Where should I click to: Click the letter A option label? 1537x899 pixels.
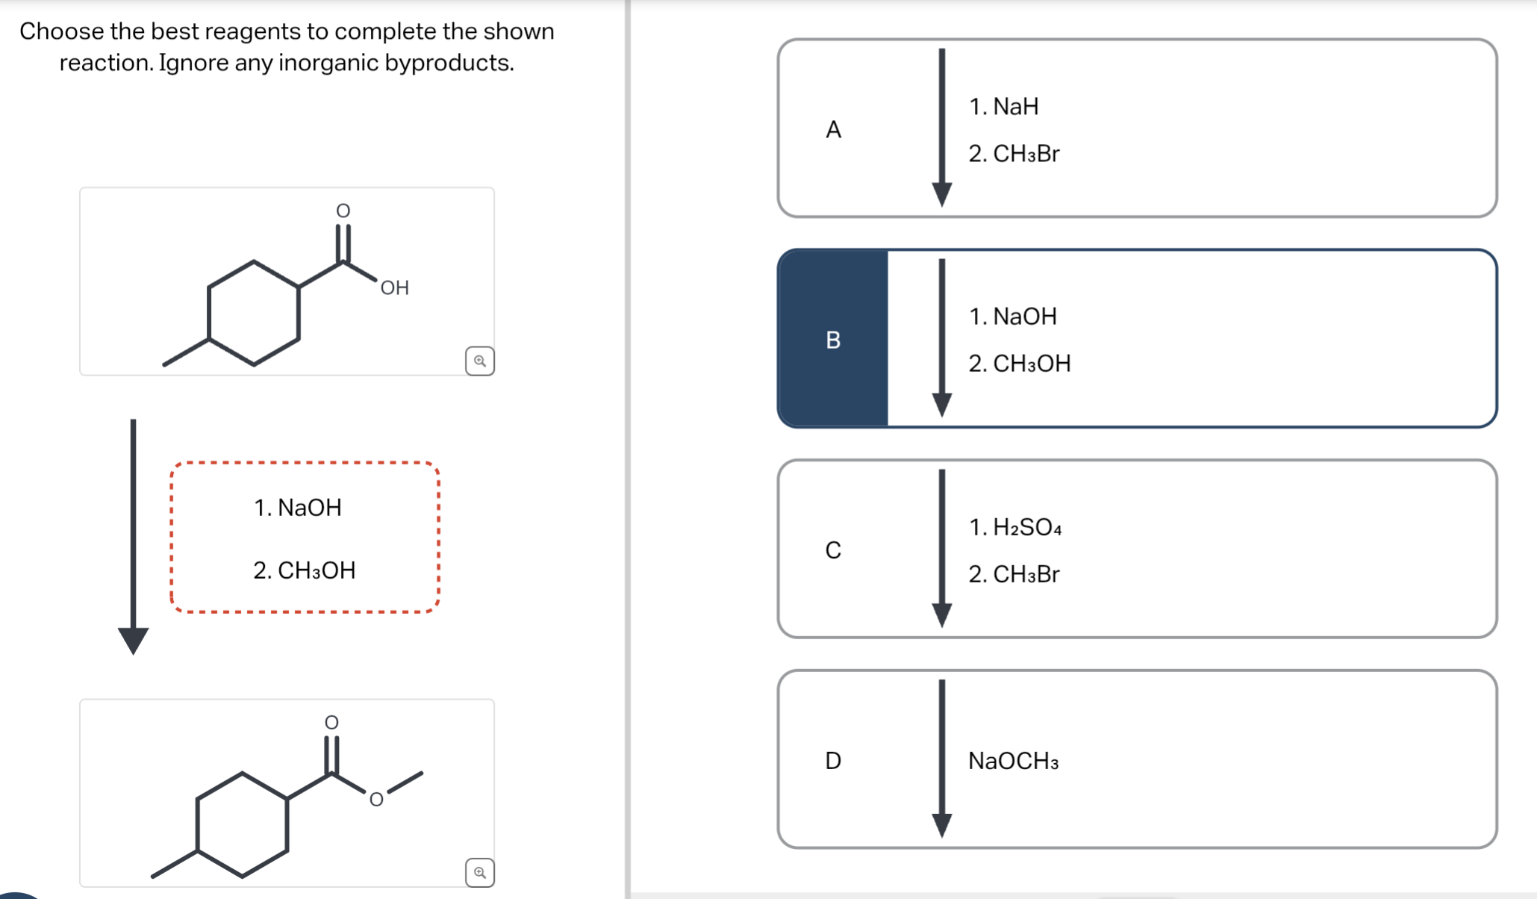(833, 130)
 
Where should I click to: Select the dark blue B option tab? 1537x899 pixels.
(833, 340)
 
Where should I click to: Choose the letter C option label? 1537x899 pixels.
(833, 550)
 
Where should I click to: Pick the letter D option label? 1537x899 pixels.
(833, 760)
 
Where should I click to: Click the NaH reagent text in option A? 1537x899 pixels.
(1004, 107)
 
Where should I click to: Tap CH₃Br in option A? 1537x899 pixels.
(1014, 154)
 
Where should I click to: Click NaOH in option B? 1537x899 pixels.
(1013, 317)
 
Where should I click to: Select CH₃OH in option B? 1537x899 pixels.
(1020, 364)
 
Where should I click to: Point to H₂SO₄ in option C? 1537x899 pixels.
(1015, 527)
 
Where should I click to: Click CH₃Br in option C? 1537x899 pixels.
(1014, 574)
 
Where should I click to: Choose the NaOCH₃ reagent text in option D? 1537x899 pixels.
(1013, 761)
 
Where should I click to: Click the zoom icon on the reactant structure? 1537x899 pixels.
(480, 361)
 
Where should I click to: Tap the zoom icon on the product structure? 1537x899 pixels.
(480, 872)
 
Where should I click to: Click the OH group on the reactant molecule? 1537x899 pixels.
(394, 288)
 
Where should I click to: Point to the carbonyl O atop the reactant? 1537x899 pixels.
(343, 211)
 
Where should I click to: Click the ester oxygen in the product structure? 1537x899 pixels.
(376, 800)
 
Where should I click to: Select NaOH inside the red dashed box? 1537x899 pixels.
(298, 508)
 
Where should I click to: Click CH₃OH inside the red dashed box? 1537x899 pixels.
(305, 570)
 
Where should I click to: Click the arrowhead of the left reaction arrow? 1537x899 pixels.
(134, 641)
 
